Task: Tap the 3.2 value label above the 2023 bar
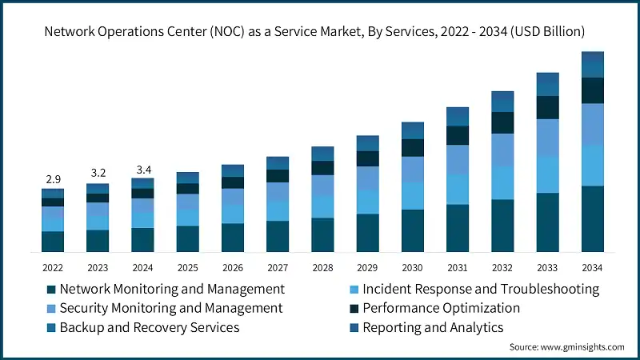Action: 98,172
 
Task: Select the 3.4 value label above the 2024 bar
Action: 142,169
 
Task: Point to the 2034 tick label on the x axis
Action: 592,267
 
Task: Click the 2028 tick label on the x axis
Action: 322,267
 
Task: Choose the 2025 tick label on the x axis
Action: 187,267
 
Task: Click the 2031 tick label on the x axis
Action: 457,267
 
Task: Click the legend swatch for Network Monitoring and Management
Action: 52,289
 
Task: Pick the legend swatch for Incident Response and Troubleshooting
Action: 354,289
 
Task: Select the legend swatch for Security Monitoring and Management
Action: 52,308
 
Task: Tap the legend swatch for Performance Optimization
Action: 354,308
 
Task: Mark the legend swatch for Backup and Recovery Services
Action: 52,327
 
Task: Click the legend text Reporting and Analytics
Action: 433,327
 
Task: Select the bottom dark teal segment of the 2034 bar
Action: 592,219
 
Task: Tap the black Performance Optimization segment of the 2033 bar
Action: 547,107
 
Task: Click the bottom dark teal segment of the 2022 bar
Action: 52,242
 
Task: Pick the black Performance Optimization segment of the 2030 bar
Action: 412,147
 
